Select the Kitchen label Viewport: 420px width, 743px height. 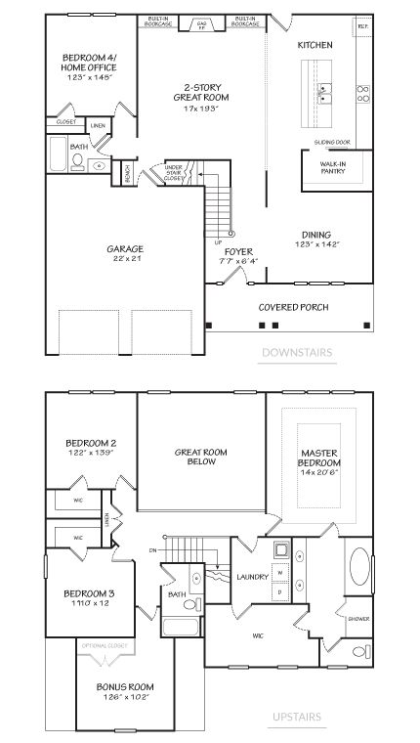[315, 45]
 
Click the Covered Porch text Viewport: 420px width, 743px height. [293, 307]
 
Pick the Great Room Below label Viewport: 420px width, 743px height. [201, 457]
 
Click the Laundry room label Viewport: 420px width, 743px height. [252, 578]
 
